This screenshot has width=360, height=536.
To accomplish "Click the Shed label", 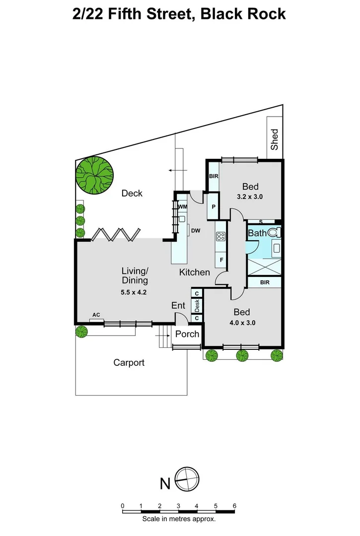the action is click(x=275, y=139).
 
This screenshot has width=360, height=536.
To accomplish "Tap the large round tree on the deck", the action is click(x=94, y=175).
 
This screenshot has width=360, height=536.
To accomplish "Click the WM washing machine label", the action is click(x=182, y=207).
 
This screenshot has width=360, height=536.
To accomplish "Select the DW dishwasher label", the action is click(x=196, y=231).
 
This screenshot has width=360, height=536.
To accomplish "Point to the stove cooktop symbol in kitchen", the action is click(x=221, y=236).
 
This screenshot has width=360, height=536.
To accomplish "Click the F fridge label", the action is click(x=221, y=260).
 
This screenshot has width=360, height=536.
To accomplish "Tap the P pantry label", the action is click(x=214, y=207).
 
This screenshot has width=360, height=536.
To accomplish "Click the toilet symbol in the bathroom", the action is click(x=274, y=232).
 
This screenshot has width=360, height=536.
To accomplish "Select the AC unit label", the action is click(x=96, y=315).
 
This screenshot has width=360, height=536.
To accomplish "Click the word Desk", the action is click(x=197, y=306).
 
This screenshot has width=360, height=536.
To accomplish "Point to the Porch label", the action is click(x=187, y=334).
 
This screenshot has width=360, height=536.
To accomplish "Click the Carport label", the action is click(x=129, y=363).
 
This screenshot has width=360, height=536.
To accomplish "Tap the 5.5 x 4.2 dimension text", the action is click(x=134, y=292).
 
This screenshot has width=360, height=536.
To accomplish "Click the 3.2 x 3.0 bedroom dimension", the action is click(x=250, y=197).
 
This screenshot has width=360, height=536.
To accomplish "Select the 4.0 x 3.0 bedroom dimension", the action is click(x=242, y=323).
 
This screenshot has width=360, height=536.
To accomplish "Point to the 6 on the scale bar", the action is click(x=234, y=506).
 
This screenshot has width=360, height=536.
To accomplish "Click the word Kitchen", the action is click(x=195, y=272).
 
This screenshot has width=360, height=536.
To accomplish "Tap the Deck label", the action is click(x=132, y=193).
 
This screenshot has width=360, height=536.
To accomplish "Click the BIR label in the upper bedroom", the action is click(x=214, y=176).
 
